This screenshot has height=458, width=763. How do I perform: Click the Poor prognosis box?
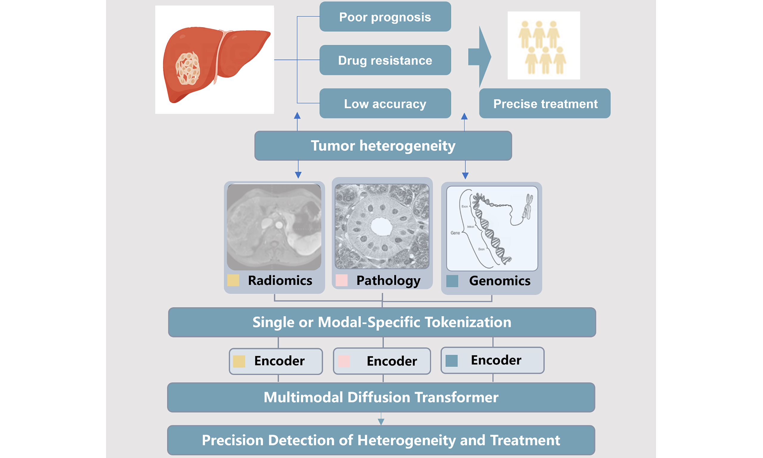click(x=385, y=17)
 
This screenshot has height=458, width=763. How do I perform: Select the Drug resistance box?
click(x=385, y=60)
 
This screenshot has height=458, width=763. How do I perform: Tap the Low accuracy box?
click(x=385, y=104)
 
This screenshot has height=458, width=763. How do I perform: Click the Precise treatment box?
click(x=545, y=104)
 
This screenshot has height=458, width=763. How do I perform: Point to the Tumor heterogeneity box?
click(x=383, y=146)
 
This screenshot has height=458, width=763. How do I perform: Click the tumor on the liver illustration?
click(x=187, y=69)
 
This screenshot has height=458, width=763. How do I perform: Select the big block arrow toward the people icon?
click(x=480, y=57)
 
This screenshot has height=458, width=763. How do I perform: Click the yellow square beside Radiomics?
click(x=233, y=280)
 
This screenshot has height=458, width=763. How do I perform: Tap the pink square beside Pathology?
click(x=341, y=280)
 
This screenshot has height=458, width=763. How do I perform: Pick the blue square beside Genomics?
click(x=452, y=281)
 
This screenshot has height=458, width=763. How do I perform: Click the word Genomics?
click(x=500, y=281)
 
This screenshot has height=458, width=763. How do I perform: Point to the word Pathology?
click(x=388, y=281)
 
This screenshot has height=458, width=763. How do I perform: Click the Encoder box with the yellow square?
click(x=276, y=361)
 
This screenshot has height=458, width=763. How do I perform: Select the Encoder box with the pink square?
click(x=382, y=361)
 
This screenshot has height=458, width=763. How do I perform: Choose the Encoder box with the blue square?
click(x=493, y=360)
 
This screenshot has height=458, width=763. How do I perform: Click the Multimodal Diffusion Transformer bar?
click(x=381, y=397)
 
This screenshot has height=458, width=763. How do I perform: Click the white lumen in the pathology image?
click(x=381, y=227)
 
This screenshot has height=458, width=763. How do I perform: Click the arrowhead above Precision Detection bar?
click(x=381, y=422)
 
